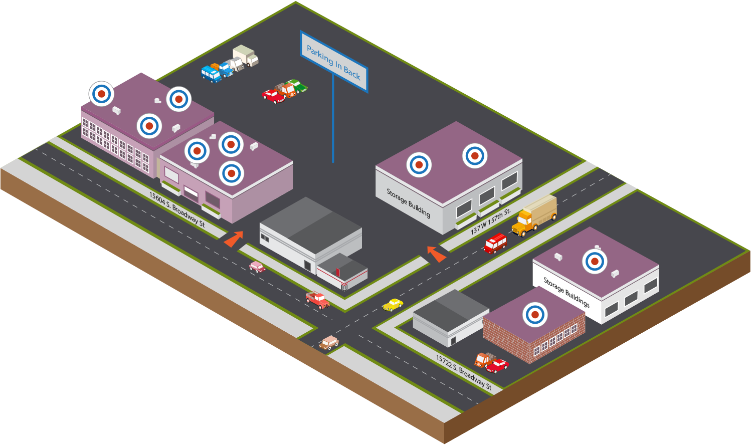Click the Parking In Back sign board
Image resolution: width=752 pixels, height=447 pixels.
point(334,62)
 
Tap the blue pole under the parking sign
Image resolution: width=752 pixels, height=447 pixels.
point(333,118)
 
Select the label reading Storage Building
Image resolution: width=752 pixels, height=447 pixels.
point(408,202)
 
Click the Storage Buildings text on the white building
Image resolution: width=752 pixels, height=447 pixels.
point(567,292)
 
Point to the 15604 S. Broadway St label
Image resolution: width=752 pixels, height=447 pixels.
point(177,209)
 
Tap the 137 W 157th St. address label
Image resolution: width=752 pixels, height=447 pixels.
point(490,221)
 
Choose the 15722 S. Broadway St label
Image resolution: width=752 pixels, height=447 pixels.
point(464,372)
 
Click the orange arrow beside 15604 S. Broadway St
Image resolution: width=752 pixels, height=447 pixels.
point(234,239)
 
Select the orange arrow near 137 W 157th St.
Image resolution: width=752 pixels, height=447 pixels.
point(436,254)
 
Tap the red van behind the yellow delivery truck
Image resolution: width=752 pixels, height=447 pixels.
point(495,244)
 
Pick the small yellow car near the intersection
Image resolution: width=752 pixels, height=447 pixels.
point(393,305)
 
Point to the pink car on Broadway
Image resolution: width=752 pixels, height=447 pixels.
point(257,267)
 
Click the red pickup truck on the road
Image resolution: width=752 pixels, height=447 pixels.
point(317,300)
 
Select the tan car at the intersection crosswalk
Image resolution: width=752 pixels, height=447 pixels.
point(329,343)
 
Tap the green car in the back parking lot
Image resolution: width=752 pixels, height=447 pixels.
point(297,86)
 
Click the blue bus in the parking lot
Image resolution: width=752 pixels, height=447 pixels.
point(211,74)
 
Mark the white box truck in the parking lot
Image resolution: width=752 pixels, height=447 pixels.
point(246,55)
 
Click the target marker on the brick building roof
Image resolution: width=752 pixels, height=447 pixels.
point(535,315)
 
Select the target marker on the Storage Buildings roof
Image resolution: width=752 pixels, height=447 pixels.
point(595,262)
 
